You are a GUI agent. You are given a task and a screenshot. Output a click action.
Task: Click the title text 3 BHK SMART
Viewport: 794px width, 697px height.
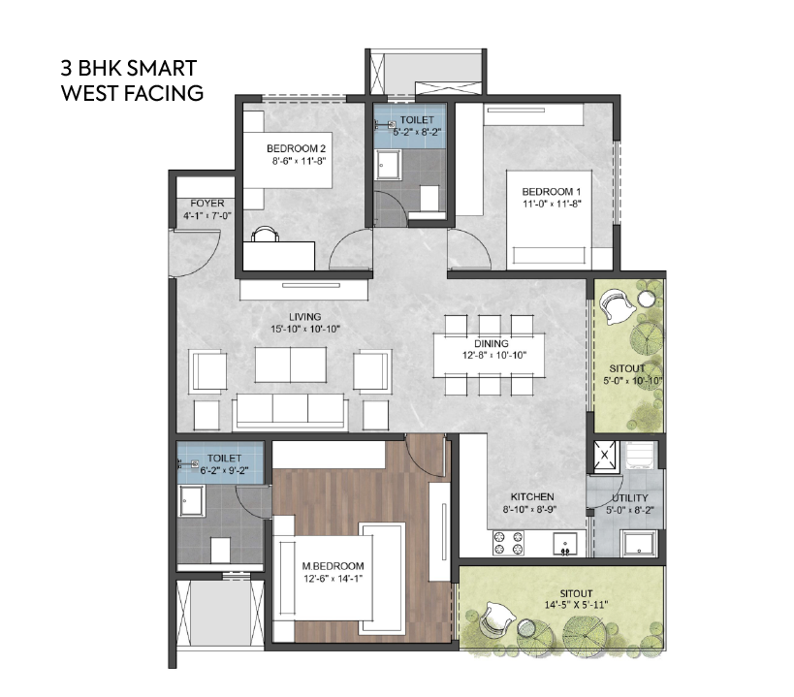click(128, 69)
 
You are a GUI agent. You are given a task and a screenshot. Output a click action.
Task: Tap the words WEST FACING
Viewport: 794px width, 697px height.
click(131, 94)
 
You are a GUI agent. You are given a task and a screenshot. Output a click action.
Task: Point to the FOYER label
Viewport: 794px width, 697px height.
click(207, 204)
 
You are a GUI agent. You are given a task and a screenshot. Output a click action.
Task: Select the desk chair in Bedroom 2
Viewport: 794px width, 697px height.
click(267, 234)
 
